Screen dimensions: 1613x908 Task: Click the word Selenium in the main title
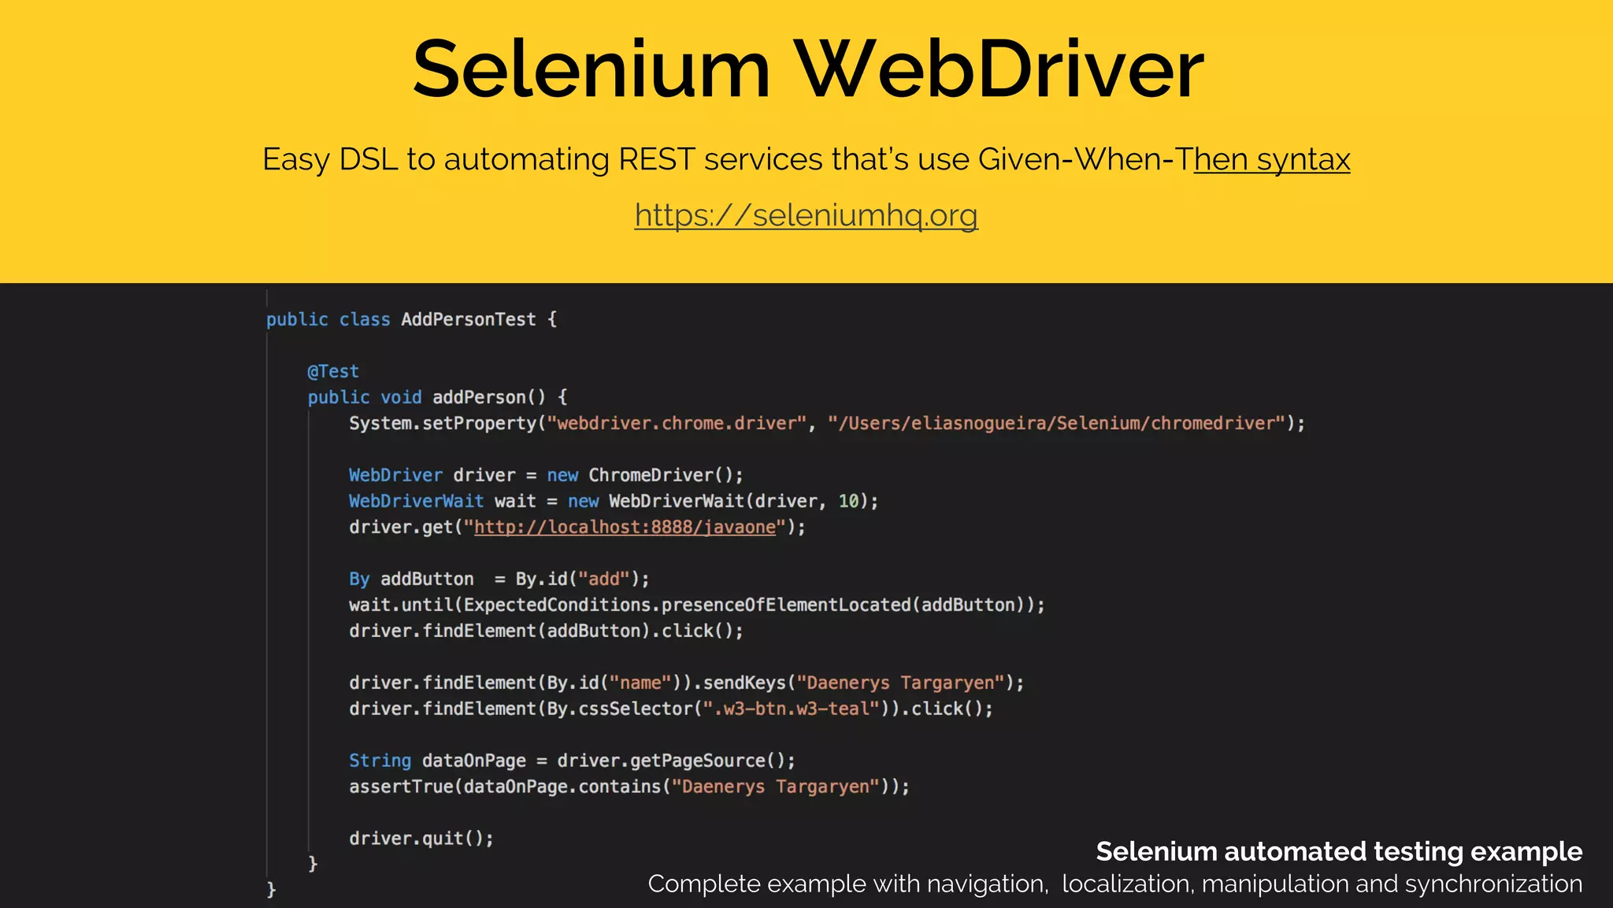591,71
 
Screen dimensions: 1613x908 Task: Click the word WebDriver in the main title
999,71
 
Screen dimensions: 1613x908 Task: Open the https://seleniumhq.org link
806,215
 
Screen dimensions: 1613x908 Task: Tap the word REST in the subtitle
656,160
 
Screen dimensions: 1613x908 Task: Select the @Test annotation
333,371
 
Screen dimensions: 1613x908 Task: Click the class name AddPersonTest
468,319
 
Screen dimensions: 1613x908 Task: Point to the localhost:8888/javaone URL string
625,527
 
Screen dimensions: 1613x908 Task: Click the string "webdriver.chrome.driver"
677,423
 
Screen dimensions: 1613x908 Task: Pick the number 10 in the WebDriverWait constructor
848,501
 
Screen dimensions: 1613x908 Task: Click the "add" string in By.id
604,579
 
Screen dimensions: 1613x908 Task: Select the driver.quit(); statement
421,839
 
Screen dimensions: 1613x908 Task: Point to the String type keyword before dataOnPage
380,761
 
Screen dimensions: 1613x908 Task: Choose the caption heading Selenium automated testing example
1338,852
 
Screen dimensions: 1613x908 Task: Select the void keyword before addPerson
401,397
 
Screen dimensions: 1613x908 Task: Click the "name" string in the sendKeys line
640,683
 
